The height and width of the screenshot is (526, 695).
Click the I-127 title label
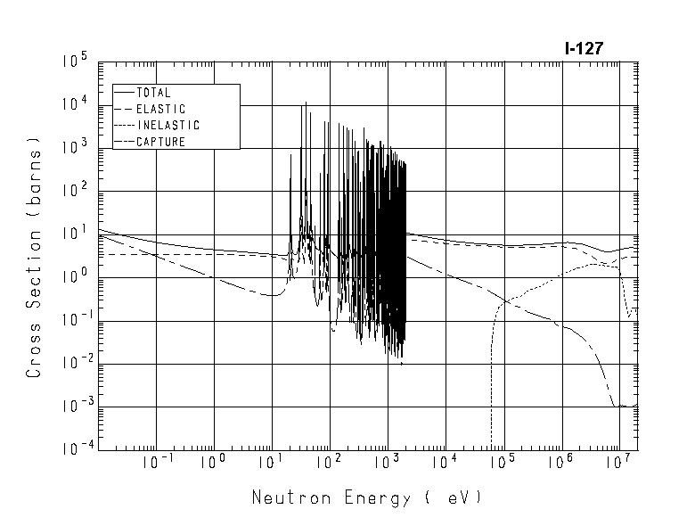[x=584, y=49]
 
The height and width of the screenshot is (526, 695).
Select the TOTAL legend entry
[x=153, y=93]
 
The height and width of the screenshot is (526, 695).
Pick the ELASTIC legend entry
[x=160, y=109]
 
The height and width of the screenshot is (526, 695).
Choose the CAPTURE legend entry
[x=160, y=142]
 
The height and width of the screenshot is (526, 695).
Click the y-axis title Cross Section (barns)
[x=34, y=257]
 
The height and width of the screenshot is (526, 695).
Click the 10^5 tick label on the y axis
[x=74, y=62]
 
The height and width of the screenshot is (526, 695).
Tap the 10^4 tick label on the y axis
[x=74, y=104]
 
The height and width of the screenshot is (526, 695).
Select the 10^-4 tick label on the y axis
[x=72, y=448]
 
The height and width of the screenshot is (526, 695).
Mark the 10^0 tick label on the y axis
[x=74, y=276]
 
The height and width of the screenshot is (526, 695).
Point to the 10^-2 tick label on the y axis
[x=72, y=363]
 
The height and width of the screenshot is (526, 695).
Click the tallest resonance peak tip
[x=306, y=103]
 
